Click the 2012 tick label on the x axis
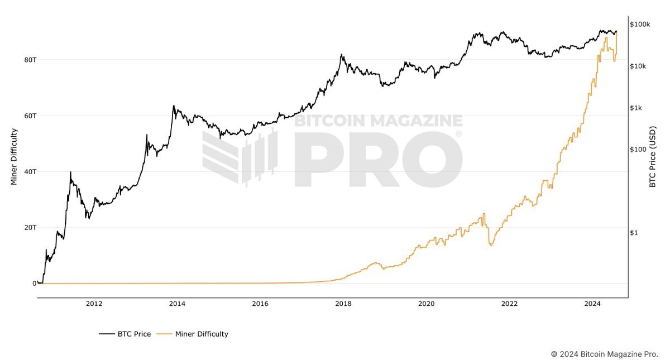click(x=94, y=304)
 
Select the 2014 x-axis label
click(x=177, y=304)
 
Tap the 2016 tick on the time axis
click(x=260, y=304)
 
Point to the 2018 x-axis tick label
click(x=343, y=304)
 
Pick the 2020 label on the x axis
click(x=426, y=304)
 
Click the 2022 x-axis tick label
click(x=509, y=304)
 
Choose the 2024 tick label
click(x=592, y=304)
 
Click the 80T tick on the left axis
click(x=30, y=60)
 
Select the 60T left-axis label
click(x=30, y=116)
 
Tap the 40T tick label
click(x=30, y=171)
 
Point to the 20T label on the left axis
click(x=30, y=227)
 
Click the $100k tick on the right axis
click(x=640, y=25)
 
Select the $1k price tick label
click(x=636, y=108)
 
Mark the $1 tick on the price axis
click(x=634, y=233)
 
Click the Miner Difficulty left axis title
click(x=15, y=157)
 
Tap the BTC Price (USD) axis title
click(x=652, y=157)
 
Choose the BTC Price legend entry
click(x=125, y=334)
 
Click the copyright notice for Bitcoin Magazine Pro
click(x=604, y=354)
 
